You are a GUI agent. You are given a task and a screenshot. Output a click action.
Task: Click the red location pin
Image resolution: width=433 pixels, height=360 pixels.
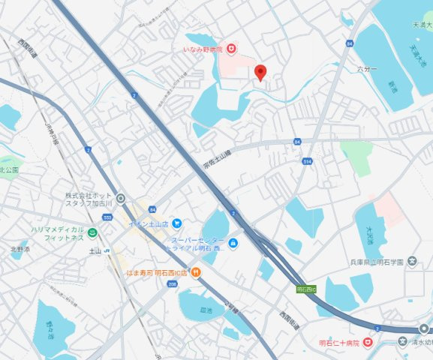tap(260, 72)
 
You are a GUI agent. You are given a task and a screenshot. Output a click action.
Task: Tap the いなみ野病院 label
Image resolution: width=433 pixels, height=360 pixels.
tap(205, 49)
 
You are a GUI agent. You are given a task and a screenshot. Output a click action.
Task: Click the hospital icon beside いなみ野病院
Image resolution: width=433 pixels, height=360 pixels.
tap(233, 49)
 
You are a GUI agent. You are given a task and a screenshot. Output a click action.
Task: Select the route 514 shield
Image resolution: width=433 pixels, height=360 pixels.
tap(307, 161)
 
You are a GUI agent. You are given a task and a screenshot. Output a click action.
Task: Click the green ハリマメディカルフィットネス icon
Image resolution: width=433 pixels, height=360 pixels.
tap(92, 232)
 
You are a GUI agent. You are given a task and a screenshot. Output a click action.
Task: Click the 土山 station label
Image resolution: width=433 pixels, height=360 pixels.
tap(95, 250)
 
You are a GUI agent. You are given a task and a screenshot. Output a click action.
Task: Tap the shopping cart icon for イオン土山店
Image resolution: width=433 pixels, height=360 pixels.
tap(176, 223)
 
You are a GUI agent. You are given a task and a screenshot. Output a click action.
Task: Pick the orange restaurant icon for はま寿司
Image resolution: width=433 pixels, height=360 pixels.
tap(196, 271)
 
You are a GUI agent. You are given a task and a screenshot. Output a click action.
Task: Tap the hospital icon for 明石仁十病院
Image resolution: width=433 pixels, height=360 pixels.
tap(368, 342)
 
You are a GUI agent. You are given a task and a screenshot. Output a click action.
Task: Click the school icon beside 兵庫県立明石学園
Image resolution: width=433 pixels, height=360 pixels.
tap(412, 262)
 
